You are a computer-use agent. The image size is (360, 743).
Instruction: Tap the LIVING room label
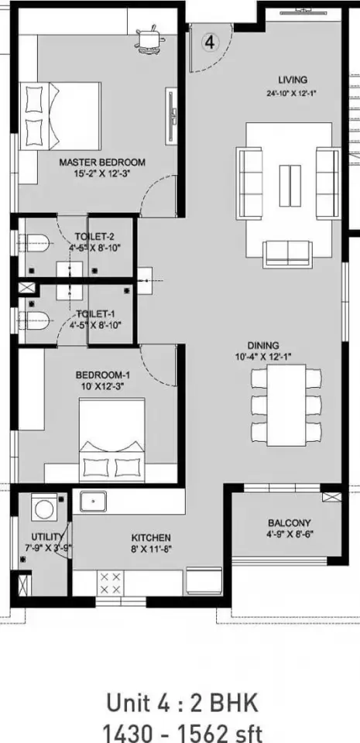tap(293, 80)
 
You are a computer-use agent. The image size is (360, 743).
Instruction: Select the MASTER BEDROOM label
tap(102, 163)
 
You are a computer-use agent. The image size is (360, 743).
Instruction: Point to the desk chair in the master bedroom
tap(152, 37)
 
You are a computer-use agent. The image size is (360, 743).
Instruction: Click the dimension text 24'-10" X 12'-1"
tap(291, 94)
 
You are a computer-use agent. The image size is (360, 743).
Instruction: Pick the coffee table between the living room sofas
tap(290, 185)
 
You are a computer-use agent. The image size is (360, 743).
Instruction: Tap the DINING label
tap(263, 345)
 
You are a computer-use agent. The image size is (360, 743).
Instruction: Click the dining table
tap(286, 405)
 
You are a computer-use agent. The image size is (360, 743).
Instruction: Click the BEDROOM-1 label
tap(103, 375)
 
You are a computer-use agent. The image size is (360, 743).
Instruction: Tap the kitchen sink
tap(93, 502)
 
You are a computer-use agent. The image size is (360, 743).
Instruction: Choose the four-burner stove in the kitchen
tap(110, 583)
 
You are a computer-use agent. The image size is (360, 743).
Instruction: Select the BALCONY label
tap(290, 523)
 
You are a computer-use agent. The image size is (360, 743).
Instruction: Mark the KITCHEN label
tap(151, 538)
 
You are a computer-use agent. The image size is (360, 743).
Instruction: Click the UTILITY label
tap(47, 537)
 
